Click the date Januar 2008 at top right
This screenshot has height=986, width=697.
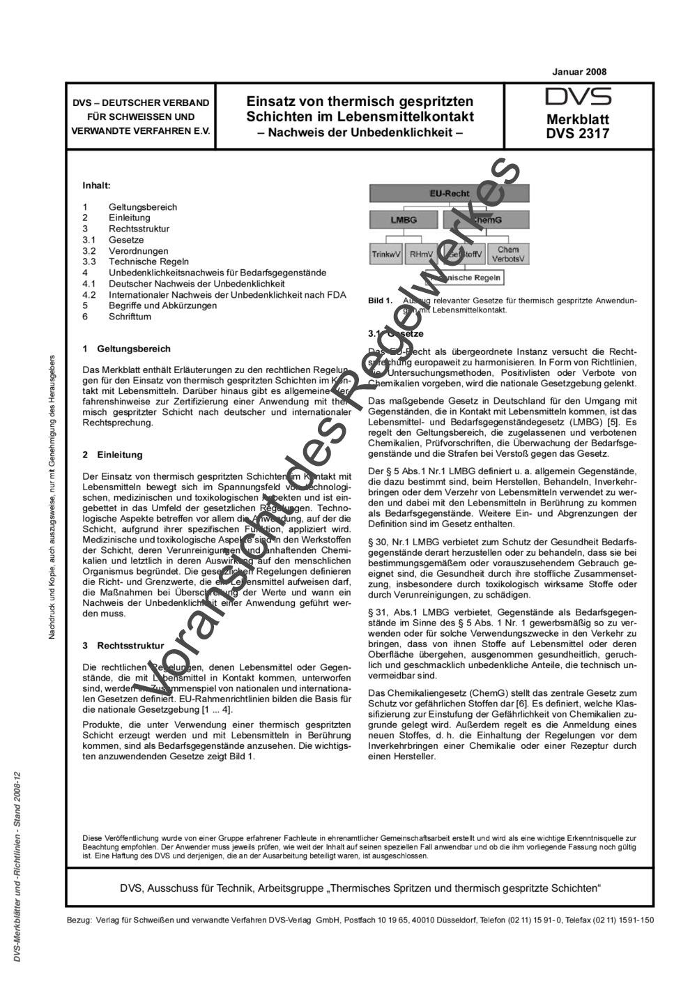[579, 72]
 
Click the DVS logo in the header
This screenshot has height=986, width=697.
[578, 97]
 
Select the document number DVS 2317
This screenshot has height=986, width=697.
[578, 133]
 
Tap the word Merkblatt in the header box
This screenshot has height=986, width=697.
[578, 120]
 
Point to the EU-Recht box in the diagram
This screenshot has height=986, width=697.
[449, 193]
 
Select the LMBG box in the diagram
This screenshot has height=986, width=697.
[404, 220]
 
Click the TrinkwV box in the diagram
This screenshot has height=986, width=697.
[386, 255]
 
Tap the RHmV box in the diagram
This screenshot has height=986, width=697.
[421, 255]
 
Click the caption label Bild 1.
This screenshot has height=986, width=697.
[380, 301]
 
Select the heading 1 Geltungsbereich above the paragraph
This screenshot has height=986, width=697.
[126, 349]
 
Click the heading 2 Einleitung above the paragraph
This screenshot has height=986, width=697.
[112, 455]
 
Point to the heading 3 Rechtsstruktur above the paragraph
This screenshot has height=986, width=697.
[123, 646]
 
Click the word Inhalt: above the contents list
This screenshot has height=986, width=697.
[96, 186]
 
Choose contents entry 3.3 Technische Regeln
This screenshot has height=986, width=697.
[139, 261]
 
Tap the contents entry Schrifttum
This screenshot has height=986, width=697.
[129, 317]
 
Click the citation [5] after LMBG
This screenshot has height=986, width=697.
[611, 423]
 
